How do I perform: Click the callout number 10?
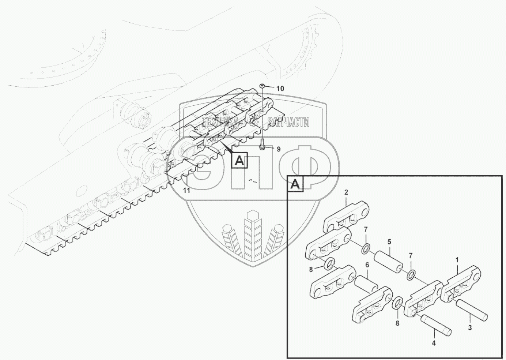(280, 89)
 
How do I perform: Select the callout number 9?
(278, 149)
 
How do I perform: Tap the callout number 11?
(186, 191)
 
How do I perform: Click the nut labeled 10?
(263, 87)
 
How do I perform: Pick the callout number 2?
(346, 192)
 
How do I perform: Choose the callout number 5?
(389, 241)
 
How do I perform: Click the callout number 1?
(457, 259)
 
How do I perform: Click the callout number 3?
(470, 328)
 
